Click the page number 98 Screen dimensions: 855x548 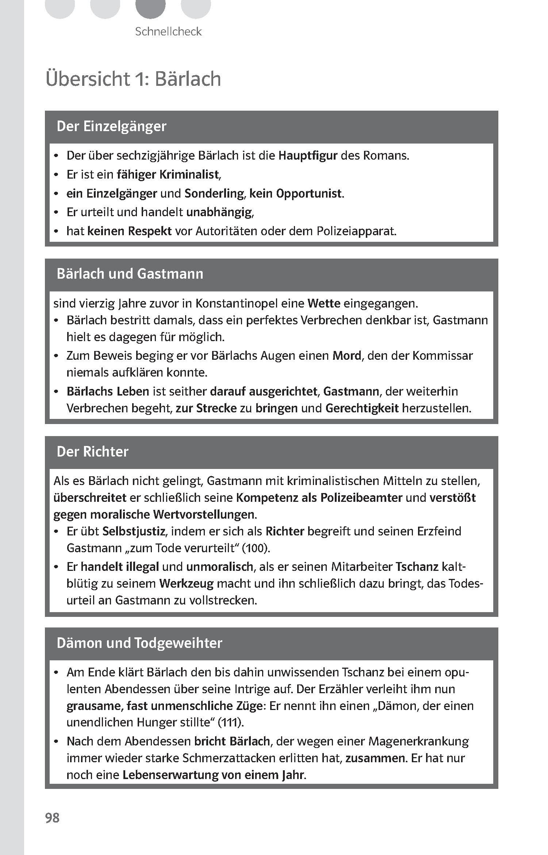coord(52,817)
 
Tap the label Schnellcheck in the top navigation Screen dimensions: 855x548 coord(168,32)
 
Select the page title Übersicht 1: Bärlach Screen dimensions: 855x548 coord(133,79)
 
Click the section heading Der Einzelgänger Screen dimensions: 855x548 coord(111,126)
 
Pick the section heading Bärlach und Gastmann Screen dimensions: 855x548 coord(130,274)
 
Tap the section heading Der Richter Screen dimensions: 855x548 coord(92,452)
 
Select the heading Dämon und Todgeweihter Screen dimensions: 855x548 coord(139,643)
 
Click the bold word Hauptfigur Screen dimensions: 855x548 coord(308,156)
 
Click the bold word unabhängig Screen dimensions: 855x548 coord(219,212)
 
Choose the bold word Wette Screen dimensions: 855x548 coord(324,304)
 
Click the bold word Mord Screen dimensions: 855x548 coord(346,355)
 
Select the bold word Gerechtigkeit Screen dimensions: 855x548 coord(362,408)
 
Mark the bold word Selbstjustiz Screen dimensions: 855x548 coord(134,531)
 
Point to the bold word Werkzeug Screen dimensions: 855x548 coord(186,583)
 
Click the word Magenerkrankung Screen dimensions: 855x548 coord(419,741)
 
